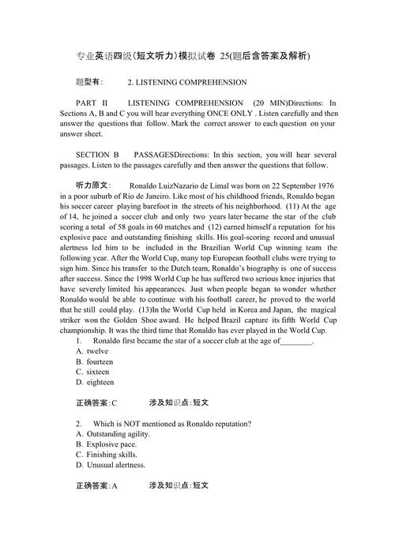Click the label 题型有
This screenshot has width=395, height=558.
(89, 83)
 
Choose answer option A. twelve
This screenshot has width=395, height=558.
(92, 351)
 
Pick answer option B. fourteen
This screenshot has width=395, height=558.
(95, 361)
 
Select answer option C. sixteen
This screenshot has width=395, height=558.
(92, 372)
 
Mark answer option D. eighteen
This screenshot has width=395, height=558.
(95, 382)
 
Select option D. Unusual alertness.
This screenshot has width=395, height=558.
(111, 465)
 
